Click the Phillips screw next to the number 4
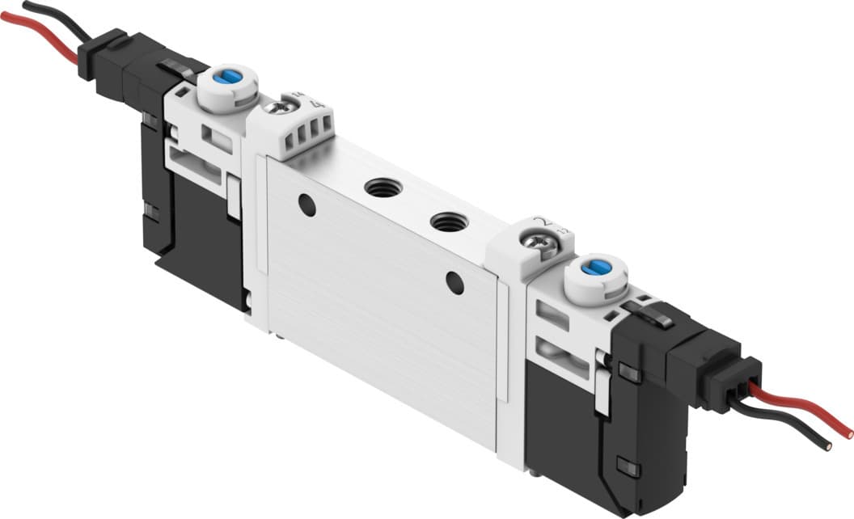tap(281, 107)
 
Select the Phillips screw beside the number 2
tap(535, 241)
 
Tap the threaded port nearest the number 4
tap(383, 188)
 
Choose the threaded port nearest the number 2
tap(447, 220)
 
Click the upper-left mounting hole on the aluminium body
tap(307, 205)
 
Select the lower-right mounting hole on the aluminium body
tap(455, 282)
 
